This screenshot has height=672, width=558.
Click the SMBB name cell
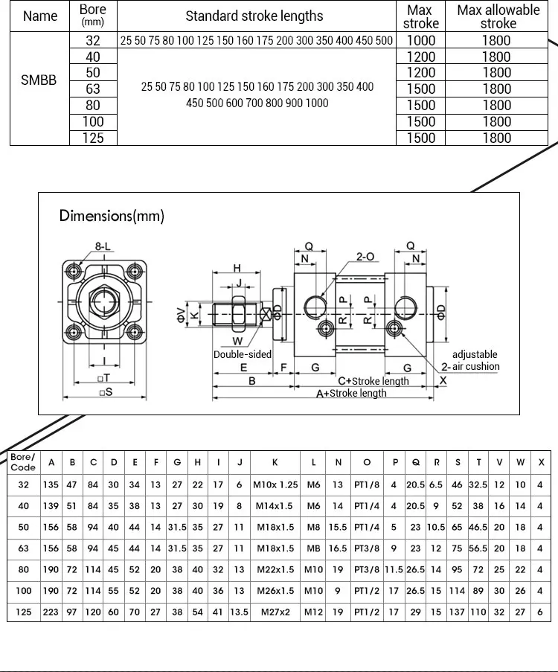(39, 80)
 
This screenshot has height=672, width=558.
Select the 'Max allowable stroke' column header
(498, 16)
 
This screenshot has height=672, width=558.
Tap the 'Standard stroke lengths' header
(254, 16)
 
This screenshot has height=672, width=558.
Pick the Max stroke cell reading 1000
(421, 40)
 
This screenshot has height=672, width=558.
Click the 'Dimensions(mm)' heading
(112, 216)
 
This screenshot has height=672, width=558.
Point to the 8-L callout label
(103, 246)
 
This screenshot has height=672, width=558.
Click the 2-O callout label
(365, 257)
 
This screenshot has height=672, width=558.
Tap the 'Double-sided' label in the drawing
(243, 354)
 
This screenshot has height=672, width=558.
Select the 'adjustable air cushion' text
(475, 360)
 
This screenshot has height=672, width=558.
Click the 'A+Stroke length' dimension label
(352, 394)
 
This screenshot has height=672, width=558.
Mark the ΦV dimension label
(179, 316)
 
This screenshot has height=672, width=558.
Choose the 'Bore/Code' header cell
(23, 461)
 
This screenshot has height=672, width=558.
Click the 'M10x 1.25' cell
(275, 485)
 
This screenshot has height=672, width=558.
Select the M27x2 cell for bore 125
(275, 612)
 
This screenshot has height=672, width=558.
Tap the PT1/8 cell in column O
(367, 485)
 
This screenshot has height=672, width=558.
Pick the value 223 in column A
(51, 612)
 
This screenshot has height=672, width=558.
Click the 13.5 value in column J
(240, 612)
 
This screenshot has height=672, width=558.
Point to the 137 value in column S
(457, 612)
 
